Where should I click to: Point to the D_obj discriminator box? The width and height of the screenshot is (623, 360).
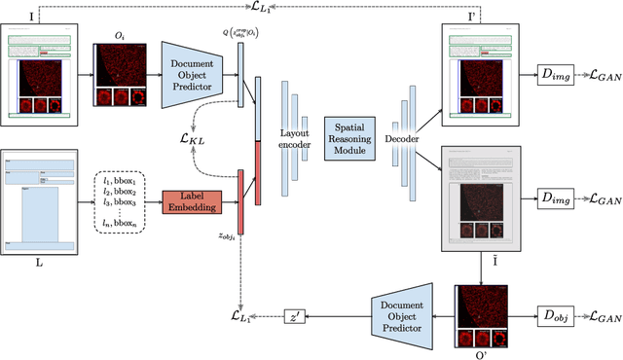(558, 317)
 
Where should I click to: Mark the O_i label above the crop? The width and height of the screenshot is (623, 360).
(118, 35)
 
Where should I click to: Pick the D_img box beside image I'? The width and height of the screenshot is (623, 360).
(558, 75)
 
